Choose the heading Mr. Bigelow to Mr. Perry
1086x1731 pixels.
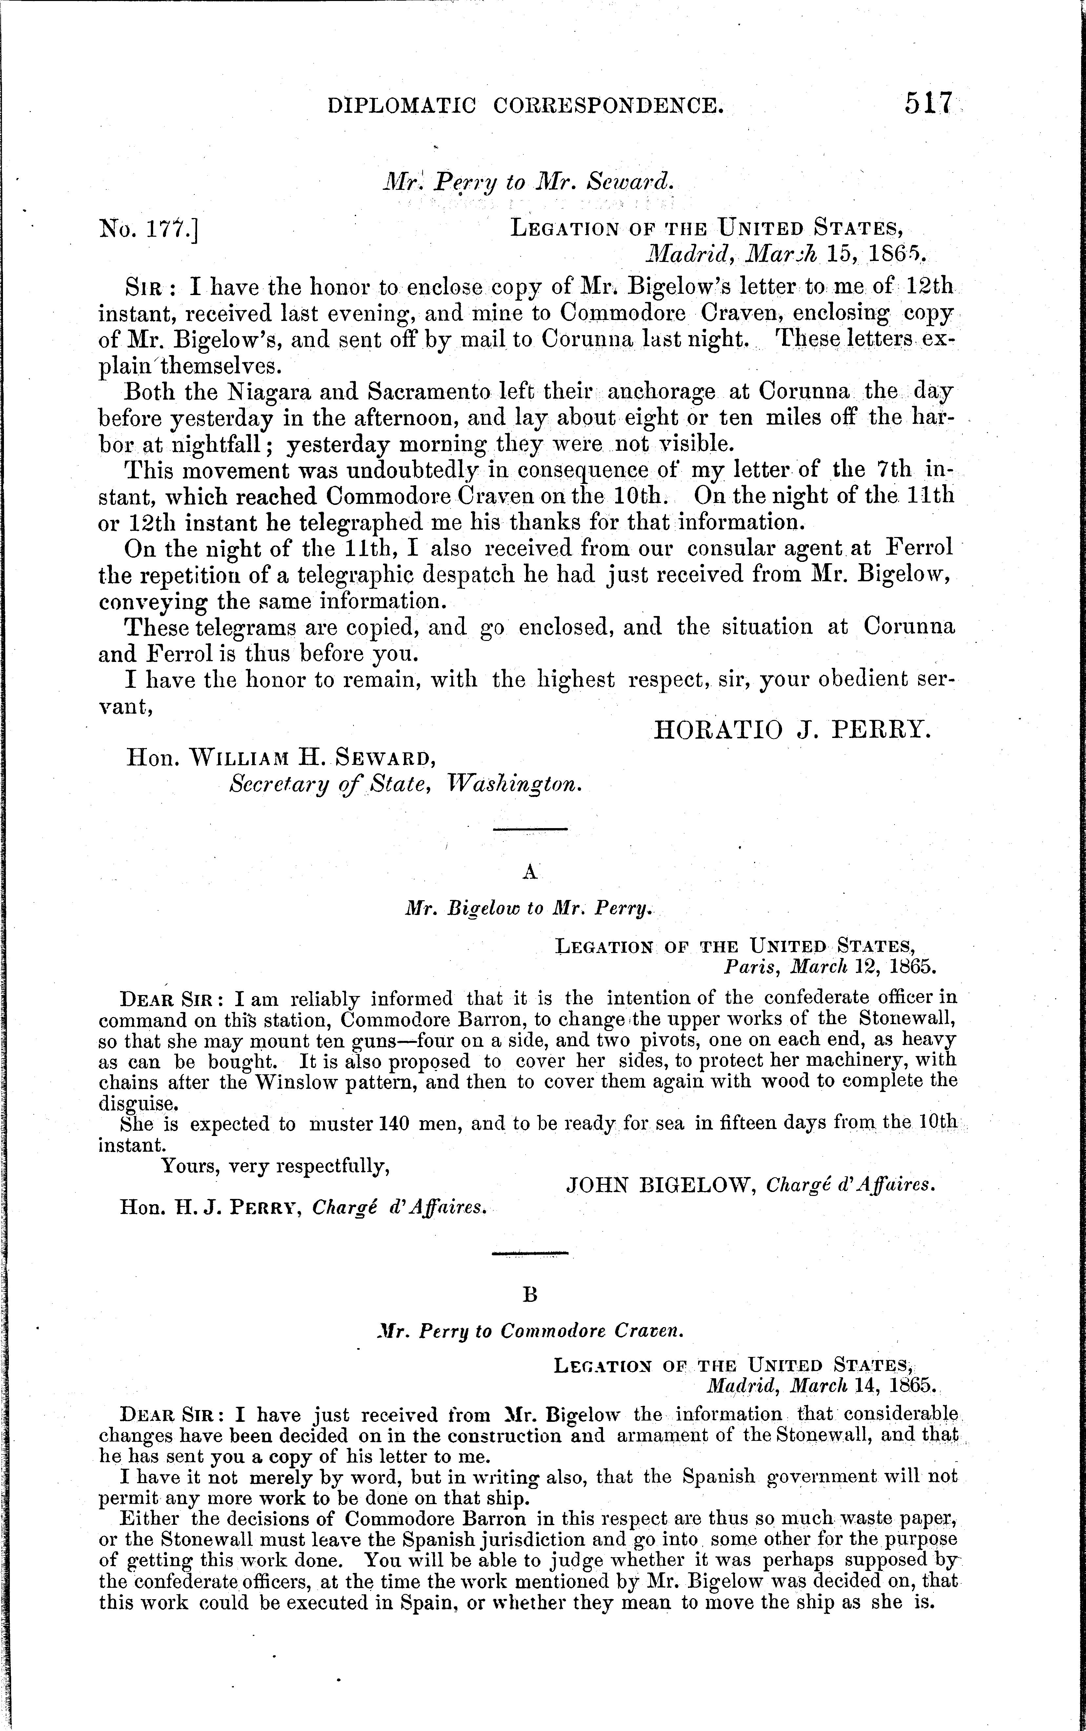[x=529, y=909]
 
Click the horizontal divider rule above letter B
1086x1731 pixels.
[x=530, y=1254]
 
